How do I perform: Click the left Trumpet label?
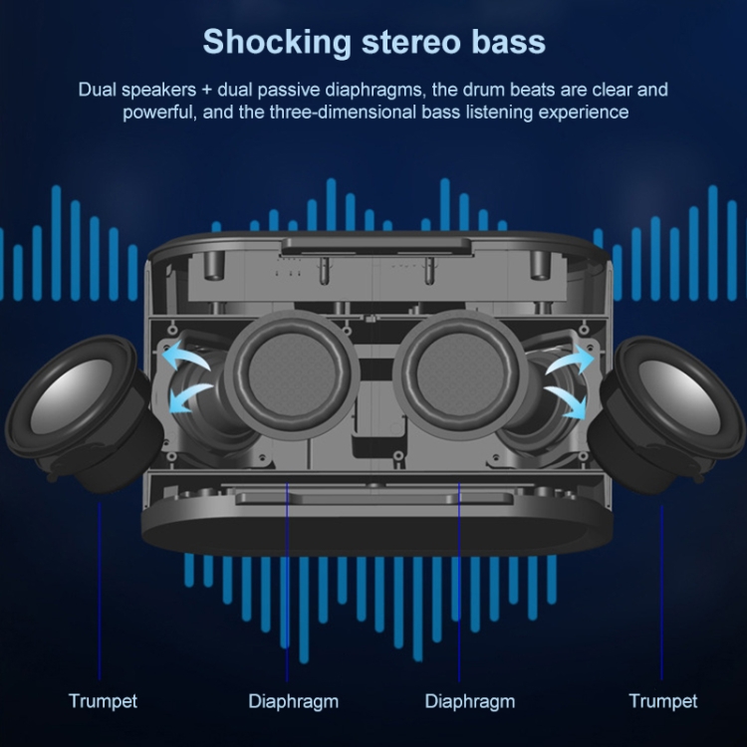(103, 701)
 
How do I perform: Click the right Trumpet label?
(663, 701)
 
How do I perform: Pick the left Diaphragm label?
(293, 701)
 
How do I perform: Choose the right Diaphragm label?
(470, 701)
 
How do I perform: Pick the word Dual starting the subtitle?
(97, 90)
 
